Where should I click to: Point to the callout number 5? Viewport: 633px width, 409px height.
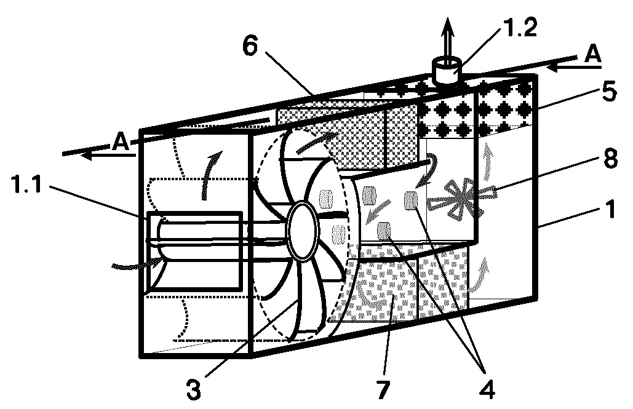(x=609, y=92)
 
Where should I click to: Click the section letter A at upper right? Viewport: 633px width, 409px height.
(x=592, y=54)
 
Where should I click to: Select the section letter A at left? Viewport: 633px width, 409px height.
(x=121, y=141)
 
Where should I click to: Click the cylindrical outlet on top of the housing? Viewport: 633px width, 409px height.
(x=447, y=71)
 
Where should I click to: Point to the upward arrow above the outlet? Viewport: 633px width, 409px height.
(x=447, y=41)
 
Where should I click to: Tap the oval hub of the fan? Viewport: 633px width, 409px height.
(x=303, y=232)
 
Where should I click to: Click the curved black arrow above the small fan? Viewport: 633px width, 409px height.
(x=429, y=170)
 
